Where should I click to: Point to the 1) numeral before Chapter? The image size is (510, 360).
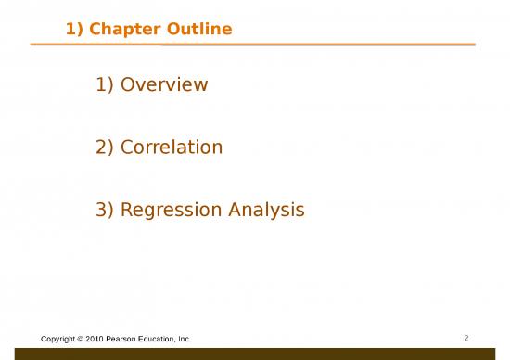75,31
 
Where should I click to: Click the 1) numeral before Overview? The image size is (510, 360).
105,85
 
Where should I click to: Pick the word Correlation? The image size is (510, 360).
172,148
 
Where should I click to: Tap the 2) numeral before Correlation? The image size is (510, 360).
105,148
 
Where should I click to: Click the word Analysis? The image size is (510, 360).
268,211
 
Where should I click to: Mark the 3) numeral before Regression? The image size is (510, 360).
105,211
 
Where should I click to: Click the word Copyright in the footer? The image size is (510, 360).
60,340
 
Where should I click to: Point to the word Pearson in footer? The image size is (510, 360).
126,340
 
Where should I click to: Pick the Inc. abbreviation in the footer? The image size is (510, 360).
185,340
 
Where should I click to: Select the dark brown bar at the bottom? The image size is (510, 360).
255,354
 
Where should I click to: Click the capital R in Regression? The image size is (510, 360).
127,211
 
